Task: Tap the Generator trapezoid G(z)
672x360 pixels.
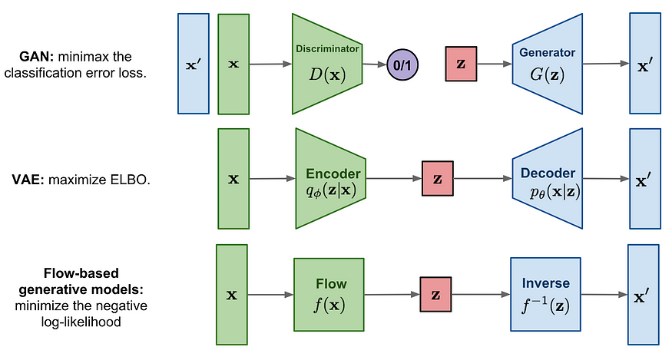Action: tap(546, 64)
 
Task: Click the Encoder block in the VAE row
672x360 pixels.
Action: tap(329, 178)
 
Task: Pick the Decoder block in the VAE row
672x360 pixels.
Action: tap(546, 179)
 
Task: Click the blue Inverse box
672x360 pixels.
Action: tap(544, 294)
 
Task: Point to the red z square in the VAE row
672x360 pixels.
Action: tap(438, 179)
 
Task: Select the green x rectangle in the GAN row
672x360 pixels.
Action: tap(233, 64)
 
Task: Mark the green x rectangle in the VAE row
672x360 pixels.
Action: tap(233, 179)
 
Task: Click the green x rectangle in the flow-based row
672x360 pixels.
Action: tap(232, 294)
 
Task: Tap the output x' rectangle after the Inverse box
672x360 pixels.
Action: tap(644, 294)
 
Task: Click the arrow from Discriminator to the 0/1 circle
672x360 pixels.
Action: tap(375, 64)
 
